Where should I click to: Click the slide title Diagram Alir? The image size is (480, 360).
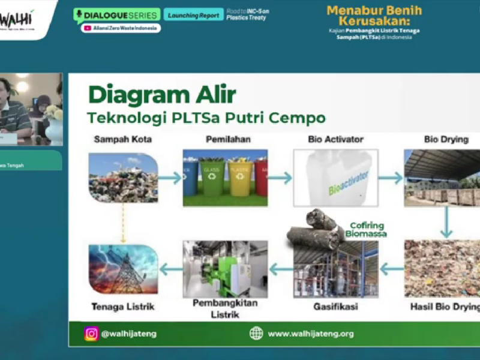pyautogui.click(x=162, y=95)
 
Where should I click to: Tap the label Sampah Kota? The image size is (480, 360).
pyautogui.click(x=123, y=139)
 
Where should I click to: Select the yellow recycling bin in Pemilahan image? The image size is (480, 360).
pyautogui.click(x=239, y=178)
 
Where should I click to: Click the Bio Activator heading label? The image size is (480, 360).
pyautogui.click(x=335, y=139)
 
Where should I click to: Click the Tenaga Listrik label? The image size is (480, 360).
pyautogui.click(x=122, y=306)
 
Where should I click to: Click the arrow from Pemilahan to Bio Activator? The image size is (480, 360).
pyautogui.click(x=280, y=178)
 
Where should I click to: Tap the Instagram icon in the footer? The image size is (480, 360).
pyautogui.click(x=91, y=334)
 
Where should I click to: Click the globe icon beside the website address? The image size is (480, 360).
pyautogui.click(x=256, y=334)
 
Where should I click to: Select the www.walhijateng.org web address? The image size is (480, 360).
pyautogui.click(x=311, y=334)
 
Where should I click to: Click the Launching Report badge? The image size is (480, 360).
pyautogui.click(x=193, y=15)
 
